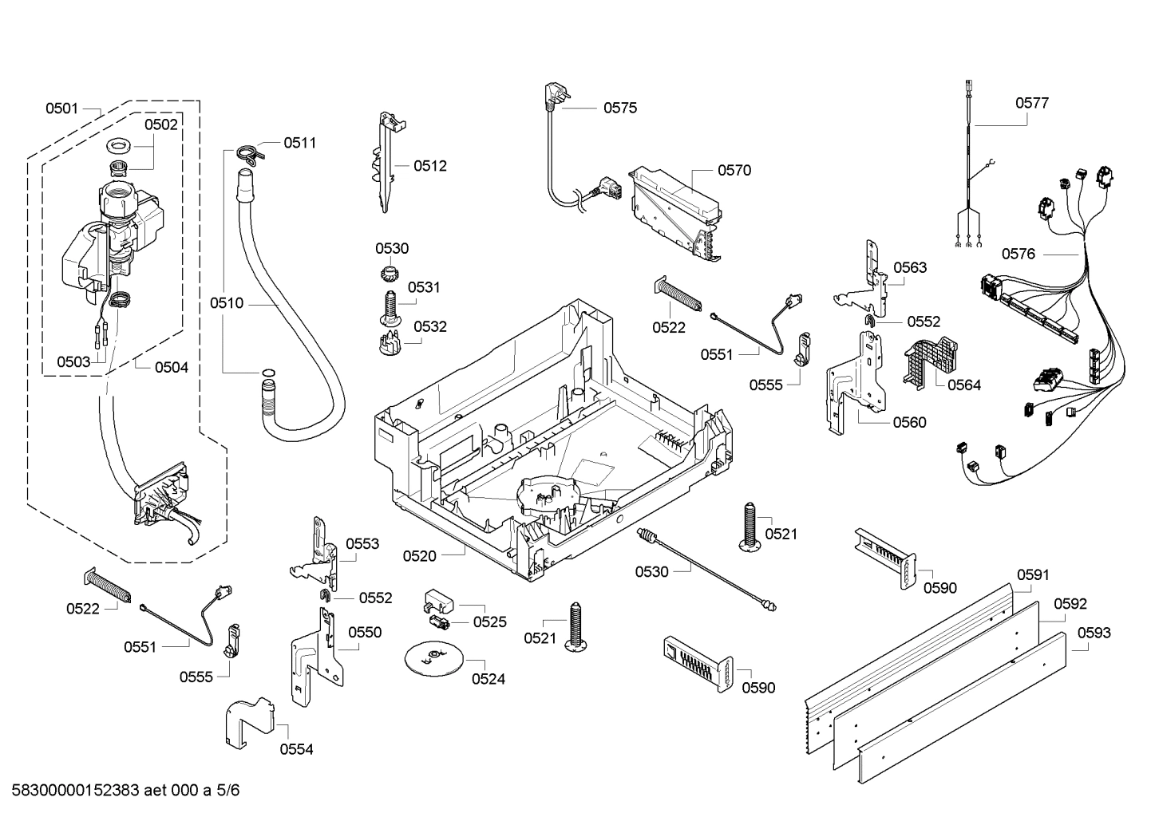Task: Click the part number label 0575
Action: [x=619, y=108]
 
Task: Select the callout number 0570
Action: [x=734, y=170]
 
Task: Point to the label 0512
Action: [x=429, y=166]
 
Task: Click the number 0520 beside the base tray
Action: [x=419, y=556]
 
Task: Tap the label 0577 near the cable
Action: [x=1031, y=103]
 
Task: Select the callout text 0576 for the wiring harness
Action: [x=1018, y=254]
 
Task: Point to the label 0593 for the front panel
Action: [x=1094, y=633]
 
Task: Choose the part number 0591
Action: [x=1033, y=574]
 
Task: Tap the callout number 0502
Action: [x=160, y=124]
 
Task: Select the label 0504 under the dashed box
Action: [x=171, y=367]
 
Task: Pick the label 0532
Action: [x=429, y=326]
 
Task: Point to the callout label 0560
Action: [x=909, y=422]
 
